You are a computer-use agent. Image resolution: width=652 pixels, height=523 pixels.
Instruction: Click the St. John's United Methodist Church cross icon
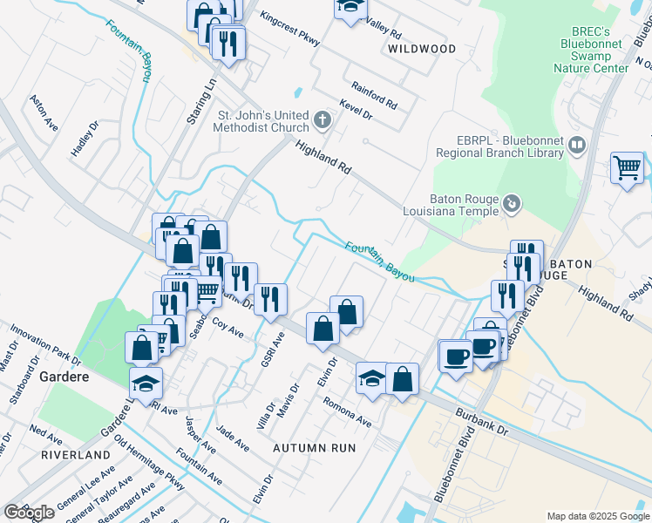[x=323, y=120]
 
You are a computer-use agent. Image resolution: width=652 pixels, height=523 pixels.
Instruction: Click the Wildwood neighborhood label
[x=422, y=50]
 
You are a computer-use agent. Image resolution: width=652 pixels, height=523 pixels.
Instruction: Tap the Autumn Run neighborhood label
[x=315, y=447]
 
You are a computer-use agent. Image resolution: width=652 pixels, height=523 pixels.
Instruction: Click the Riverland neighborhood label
[x=75, y=455]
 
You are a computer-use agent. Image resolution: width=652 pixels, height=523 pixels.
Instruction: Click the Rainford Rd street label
[x=374, y=94]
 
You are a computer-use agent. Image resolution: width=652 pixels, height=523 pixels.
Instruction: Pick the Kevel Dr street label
[x=357, y=109]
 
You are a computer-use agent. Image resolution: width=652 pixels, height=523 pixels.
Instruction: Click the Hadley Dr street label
[x=85, y=139]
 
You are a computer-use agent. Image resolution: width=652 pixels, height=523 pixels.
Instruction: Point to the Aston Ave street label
[x=44, y=113]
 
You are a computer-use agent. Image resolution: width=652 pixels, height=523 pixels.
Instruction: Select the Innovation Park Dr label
[x=44, y=345]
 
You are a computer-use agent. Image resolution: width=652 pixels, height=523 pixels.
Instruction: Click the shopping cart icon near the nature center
[x=628, y=167]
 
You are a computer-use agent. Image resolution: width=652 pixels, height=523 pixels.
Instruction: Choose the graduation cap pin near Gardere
[x=146, y=381]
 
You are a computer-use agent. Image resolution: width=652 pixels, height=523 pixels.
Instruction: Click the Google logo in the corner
[x=29, y=513]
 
